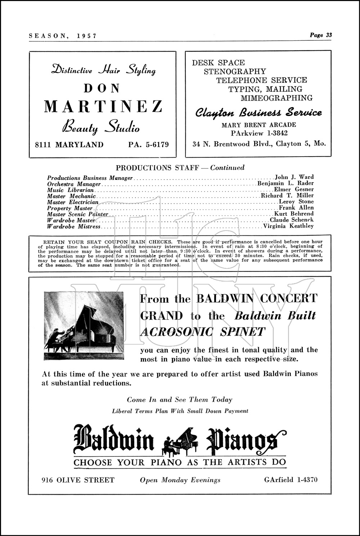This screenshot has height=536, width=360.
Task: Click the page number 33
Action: pyautogui.click(x=328, y=35)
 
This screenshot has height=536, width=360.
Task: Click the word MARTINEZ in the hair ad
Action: pyautogui.click(x=103, y=106)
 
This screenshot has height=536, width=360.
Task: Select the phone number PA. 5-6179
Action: pyautogui.click(x=148, y=145)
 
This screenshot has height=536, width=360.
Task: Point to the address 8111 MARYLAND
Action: pyautogui.click(x=69, y=145)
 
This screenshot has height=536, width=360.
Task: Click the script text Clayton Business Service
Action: pyautogui.click(x=258, y=113)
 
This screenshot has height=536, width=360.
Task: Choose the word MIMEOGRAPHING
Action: pyautogui.click(x=276, y=98)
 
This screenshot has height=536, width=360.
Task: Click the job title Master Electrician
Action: pyautogui.click(x=72, y=202)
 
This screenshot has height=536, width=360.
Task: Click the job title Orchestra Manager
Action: pyautogui.click(x=73, y=184)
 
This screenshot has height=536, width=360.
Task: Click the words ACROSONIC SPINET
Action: pyautogui.click(x=202, y=332)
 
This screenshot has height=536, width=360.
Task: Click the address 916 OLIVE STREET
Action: pyautogui.click(x=78, y=480)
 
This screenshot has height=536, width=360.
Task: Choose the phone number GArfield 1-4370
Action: pyautogui.click(x=291, y=479)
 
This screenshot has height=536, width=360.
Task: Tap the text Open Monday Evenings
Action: pyautogui.click(x=180, y=480)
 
